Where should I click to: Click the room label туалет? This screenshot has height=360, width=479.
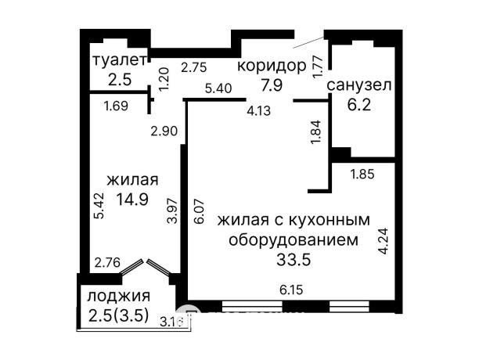(x=119, y=60)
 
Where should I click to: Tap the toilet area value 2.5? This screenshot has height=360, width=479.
(x=119, y=78)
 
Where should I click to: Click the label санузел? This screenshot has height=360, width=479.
(x=359, y=85)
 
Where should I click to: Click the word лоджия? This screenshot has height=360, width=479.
(x=118, y=297)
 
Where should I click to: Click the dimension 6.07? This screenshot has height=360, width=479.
(x=199, y=211)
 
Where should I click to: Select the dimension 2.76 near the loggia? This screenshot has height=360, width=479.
(x=106, y=262)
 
